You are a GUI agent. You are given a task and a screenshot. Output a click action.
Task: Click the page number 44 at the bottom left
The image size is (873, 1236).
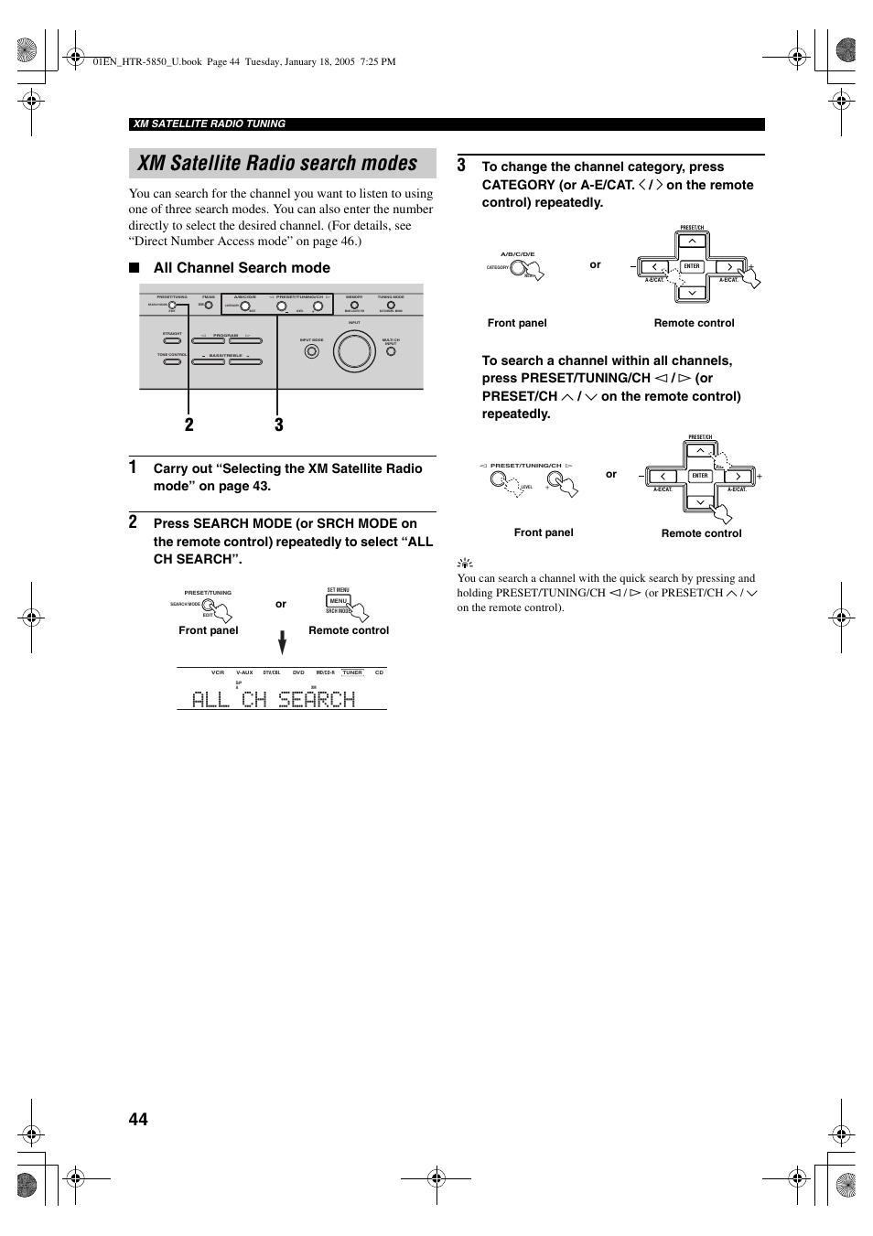coord(138,1119)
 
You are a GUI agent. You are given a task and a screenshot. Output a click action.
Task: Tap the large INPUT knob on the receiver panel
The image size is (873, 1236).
coord(354,351)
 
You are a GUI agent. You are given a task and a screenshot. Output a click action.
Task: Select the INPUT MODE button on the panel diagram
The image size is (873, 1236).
coord(312,350)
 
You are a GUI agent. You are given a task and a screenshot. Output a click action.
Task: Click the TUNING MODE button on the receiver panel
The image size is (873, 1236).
coord(391,306)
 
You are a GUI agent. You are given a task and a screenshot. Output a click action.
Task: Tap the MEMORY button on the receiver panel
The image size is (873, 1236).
coord(354,306)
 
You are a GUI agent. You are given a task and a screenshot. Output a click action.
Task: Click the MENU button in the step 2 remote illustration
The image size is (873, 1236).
coord(339,601)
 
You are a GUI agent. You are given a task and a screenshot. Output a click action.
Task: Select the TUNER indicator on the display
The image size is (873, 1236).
coord(352,672)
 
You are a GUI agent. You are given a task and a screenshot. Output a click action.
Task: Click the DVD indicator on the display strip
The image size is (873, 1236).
coord(298,672)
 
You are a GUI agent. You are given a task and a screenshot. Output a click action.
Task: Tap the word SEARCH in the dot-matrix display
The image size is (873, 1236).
coord(316,699)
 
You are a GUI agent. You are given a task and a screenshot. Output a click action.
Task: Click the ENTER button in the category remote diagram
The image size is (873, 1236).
coord(692,266)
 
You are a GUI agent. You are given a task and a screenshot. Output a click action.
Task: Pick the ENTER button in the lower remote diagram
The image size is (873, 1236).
coord(700,476)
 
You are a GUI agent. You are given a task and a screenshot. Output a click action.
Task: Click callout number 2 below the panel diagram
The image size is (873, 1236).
coord(189,425)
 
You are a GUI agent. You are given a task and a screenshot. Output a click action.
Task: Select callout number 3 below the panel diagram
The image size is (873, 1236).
coord(278,425)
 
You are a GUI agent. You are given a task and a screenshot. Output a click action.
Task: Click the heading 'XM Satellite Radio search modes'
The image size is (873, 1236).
coord(277,163)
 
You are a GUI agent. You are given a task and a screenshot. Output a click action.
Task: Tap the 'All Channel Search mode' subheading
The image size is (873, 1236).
coord(242,268)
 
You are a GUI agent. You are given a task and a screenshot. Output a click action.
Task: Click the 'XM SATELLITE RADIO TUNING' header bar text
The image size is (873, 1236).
coord(210,124)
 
